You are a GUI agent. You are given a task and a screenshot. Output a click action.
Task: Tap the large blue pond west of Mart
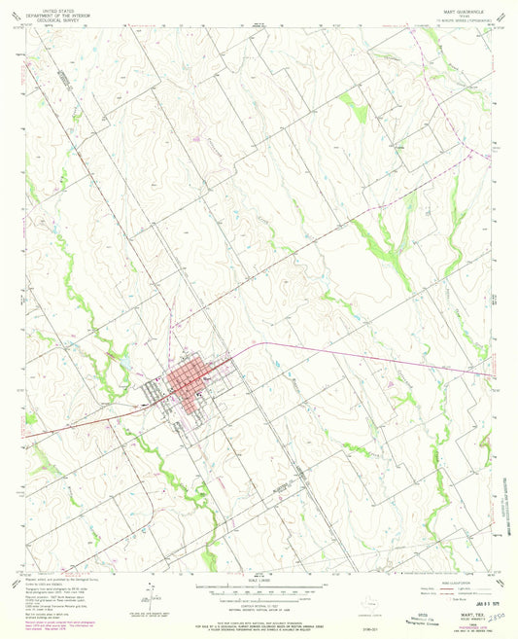click(x=127, y=367)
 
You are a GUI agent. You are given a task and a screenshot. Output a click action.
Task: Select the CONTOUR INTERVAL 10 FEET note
click(x=257, y=604)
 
